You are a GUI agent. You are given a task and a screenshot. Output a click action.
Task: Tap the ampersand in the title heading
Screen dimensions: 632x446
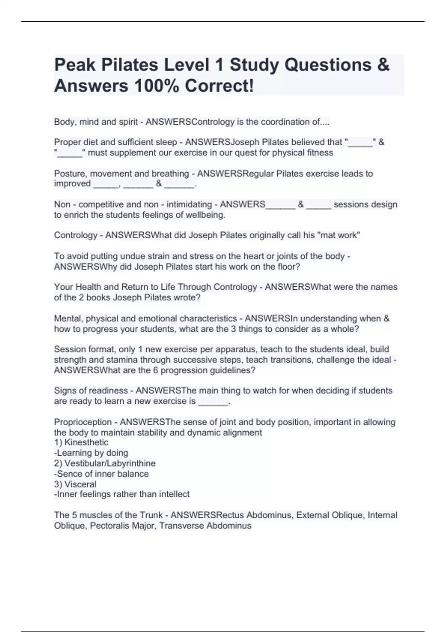pos(383,65)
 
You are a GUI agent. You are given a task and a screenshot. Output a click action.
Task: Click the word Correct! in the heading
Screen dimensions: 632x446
pos(220,86)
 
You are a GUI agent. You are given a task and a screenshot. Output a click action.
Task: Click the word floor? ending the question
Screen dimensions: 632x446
pos(288,267)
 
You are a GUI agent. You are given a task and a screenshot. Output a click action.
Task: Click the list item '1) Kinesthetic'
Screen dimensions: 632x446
pos(81,442)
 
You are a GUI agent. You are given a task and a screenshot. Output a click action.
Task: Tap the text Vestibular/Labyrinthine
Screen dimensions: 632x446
pos(110,463)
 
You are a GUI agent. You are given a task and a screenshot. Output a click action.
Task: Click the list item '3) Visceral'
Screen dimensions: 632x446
pos(75,484)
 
